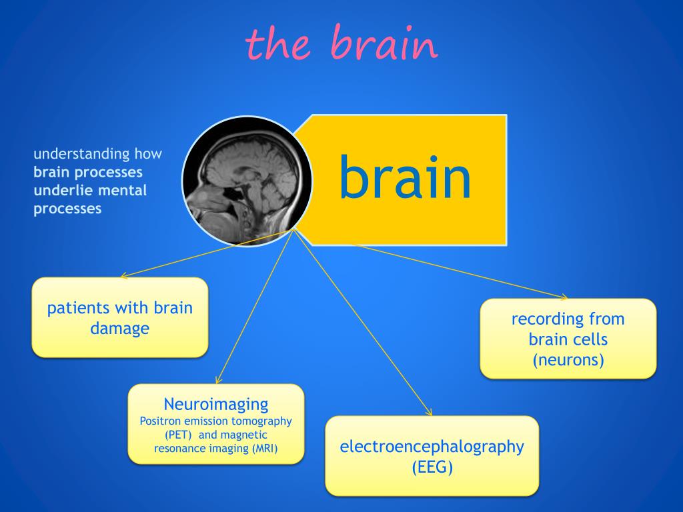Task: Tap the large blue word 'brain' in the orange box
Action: point(405,177)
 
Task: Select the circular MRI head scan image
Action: point(247,181)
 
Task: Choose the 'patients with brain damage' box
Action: point(120,317)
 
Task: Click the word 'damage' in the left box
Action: point(120,329)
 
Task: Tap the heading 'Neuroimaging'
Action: point(216,403)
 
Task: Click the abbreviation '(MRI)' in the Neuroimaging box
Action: point(265,448)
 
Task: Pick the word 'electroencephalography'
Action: point(432,447)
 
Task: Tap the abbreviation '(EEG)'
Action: point(432,467)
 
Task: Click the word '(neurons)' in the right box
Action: point(568,361)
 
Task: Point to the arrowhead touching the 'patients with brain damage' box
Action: point(122,275)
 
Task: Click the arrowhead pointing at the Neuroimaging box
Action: point(218,381)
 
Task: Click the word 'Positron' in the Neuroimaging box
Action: point(160,421)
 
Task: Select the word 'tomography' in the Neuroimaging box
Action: point(264,421)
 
